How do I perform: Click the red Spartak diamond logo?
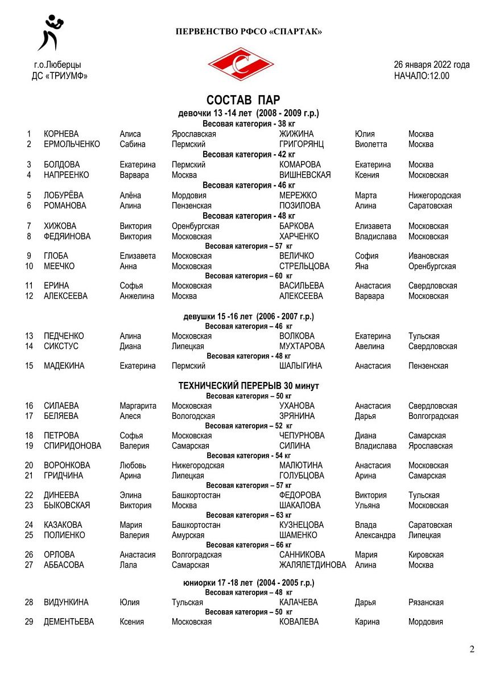click(x=241, y=63)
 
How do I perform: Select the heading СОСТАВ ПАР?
click(x=243, y=101)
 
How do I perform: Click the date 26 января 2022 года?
click(x=431, y=64)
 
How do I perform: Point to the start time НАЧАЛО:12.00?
click(x=422, y=75)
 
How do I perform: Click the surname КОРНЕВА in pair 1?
click(x=61, y=134)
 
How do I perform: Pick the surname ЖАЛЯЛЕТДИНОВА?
click(x=312, y=565)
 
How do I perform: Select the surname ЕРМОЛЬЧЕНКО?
click(x=72, y=145)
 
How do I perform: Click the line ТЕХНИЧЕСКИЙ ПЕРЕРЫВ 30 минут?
click(x=249, y=386)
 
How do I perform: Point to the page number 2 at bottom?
click(x=472, y=649)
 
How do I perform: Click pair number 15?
click(x=29, y=366)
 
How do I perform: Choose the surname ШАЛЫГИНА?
click(x=300, y=366)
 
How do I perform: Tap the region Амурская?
click(x=188, y=536)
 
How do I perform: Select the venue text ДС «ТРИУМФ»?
click(x=60, y=75)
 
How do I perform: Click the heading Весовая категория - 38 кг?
click(x=249, y=124)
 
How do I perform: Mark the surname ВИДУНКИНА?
click(x=66, y=602)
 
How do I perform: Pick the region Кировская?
click(x=426, y=555)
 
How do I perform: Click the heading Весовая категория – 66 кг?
click(x=249, y=545)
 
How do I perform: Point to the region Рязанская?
click(x=426, y=602)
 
